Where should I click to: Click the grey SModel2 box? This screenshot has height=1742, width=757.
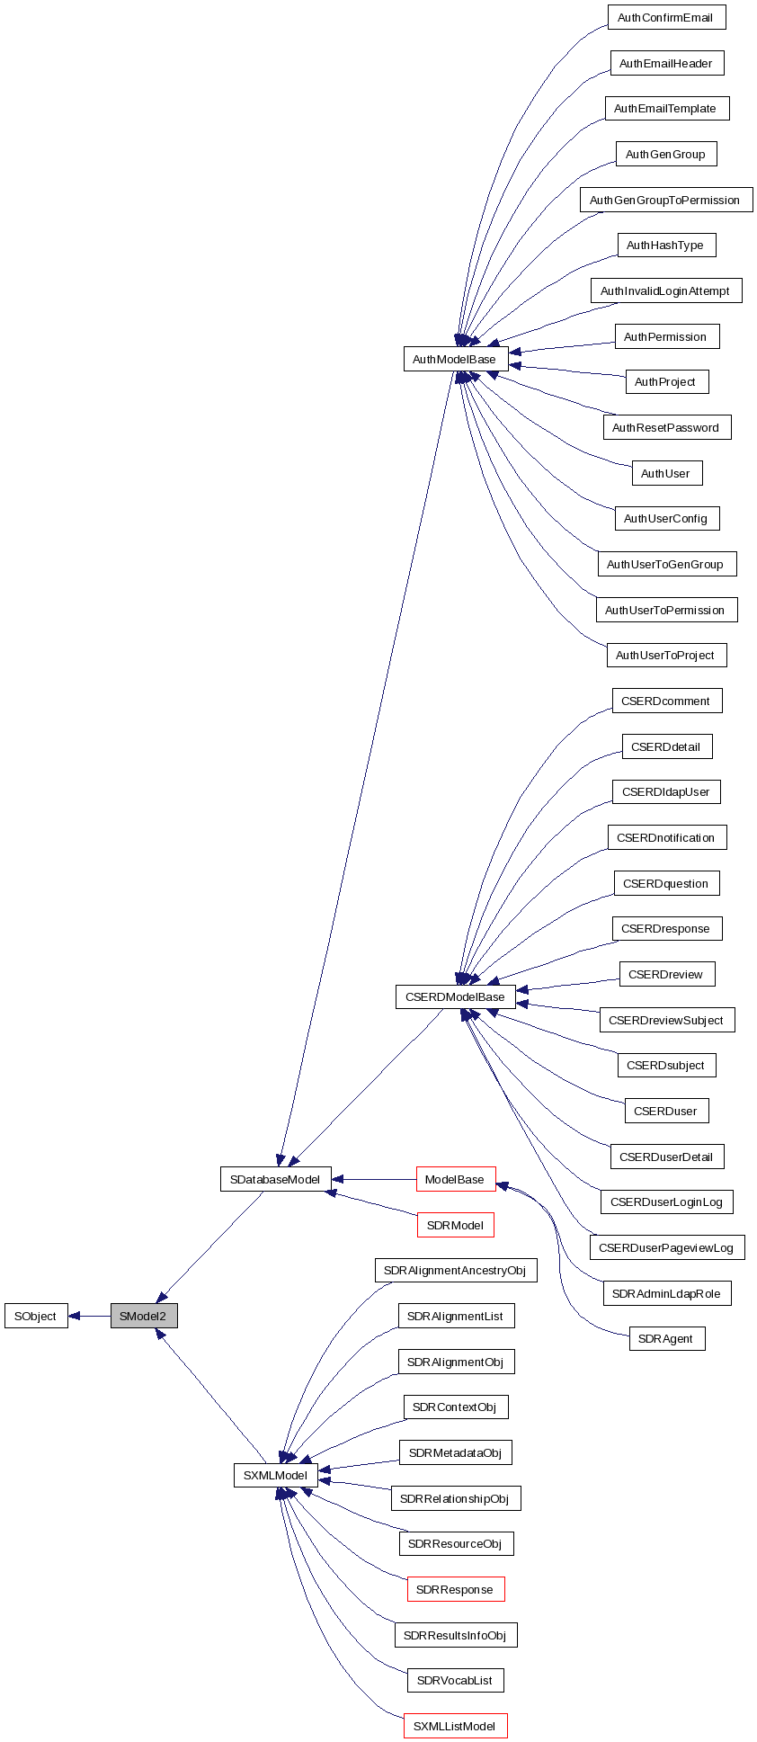(144, 1316)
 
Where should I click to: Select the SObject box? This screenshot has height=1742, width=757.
(36, 1316)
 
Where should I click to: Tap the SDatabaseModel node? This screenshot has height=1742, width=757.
(275, 1179)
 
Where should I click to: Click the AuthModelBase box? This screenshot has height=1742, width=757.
(455, 359)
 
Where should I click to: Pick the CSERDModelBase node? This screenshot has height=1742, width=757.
(455, 996)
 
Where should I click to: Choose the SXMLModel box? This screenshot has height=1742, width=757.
(275, 1475)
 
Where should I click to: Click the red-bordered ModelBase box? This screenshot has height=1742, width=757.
(455, 1179)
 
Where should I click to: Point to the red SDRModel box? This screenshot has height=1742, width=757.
(455, 1225)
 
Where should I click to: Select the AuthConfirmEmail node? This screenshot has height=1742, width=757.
(665, 18)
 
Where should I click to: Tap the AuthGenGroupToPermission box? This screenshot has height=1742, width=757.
(665, 200)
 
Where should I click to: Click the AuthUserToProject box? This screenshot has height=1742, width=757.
(665, 655)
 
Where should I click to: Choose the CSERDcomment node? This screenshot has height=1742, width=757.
(665, 701)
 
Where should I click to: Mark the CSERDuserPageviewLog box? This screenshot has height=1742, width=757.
(666, 1247)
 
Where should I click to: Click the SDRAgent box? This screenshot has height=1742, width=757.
(666, 1338)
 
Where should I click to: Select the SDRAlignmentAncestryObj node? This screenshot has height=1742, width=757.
(455, 1270)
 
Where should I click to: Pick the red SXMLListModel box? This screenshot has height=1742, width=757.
(455, 1726)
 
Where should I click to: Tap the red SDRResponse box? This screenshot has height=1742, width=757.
(455, 1589)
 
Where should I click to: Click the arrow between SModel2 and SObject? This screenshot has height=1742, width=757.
(89, 1316)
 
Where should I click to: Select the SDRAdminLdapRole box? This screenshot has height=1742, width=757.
(666, 1293)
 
